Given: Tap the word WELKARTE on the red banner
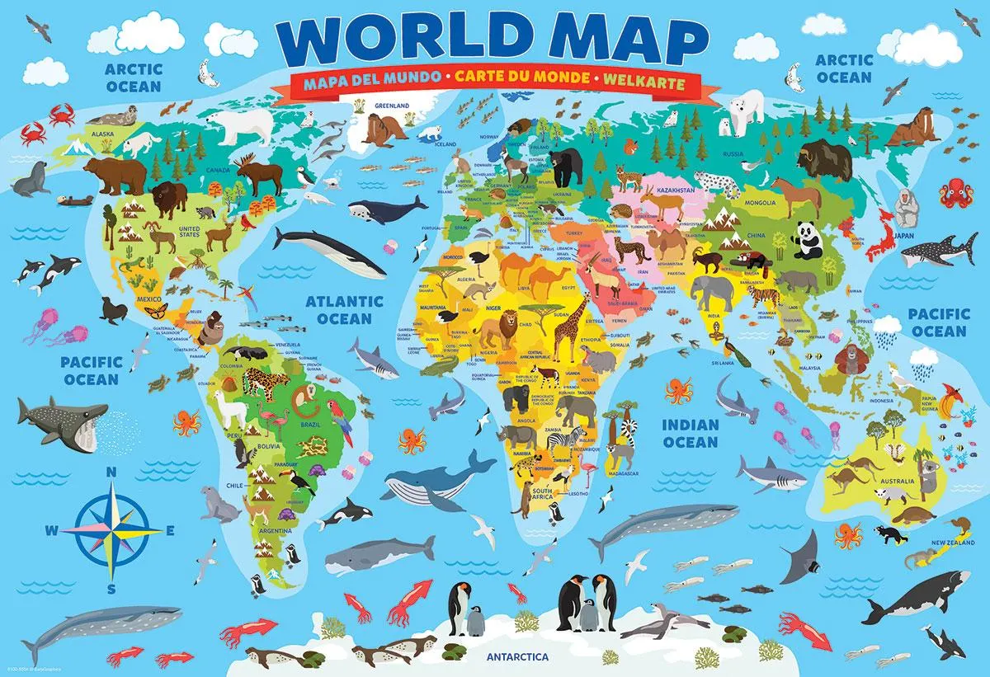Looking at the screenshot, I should (x=648, y=80).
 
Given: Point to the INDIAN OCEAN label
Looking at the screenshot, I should (x=691, y=433).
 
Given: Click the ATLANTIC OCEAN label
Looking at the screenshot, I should (x=344, y=310).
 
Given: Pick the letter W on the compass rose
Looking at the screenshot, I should (x=51, y=530).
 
